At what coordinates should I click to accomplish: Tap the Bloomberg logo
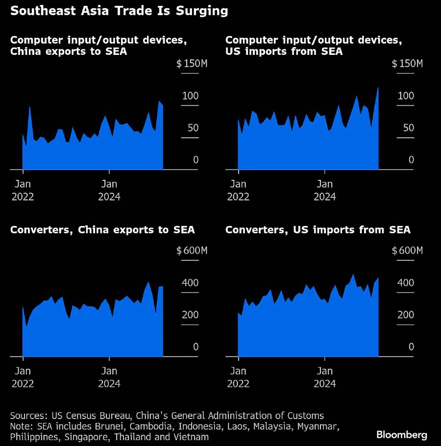click(402, 435)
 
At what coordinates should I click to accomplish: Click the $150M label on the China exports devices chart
click(192, 64)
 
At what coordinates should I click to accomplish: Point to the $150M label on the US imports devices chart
click(407, 64)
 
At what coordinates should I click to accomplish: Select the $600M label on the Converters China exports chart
click(192, 251)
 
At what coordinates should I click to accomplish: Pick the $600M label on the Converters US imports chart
click(407, 251)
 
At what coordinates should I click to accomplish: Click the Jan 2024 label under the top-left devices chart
click(109, 190)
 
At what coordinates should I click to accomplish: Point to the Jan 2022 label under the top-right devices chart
click(239, 190)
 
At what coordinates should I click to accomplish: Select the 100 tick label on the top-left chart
click(190, 96)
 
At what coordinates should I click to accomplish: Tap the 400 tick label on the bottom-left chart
click(190, 283)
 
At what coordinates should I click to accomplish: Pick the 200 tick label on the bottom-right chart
click(406, 315)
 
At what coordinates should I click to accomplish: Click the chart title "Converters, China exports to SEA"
click(102, 230)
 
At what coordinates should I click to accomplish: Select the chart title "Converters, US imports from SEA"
click(318, 230)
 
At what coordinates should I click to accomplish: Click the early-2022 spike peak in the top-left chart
click(30, 107)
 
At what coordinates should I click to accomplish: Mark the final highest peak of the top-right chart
click(378, 88)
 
